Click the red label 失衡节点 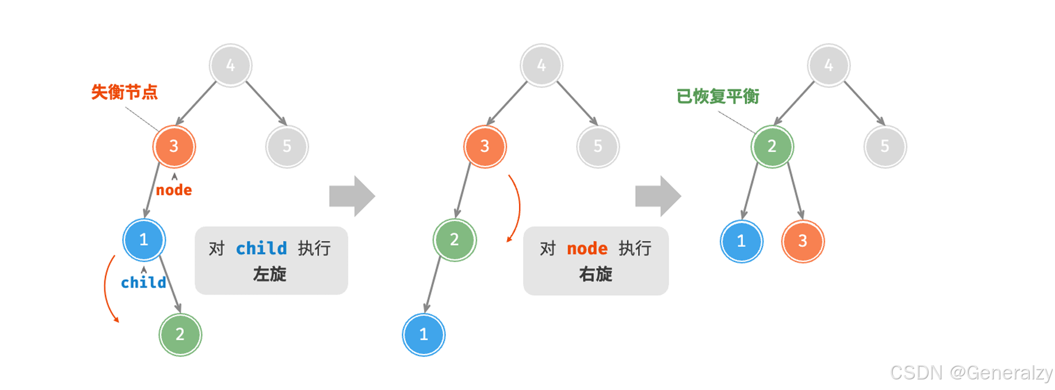(124, 92)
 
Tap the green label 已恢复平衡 (717, 96)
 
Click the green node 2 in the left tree (180, 335)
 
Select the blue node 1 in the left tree (144, 240)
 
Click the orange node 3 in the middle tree (485, 146)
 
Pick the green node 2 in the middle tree (454, 240)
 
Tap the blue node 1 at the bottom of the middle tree (423, 335)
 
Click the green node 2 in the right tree (772, 146)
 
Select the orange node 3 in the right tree (803, 241)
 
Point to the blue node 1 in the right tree (741, 241)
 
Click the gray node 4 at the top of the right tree (829, 65)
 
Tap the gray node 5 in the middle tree (597, 146)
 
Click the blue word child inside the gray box (261, 249)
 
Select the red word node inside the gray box (587, 249)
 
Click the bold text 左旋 (269, 274)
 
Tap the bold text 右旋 (596, 274)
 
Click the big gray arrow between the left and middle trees (352, 196)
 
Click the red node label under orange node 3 (174, 190)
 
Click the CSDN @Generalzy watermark (971, 373)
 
